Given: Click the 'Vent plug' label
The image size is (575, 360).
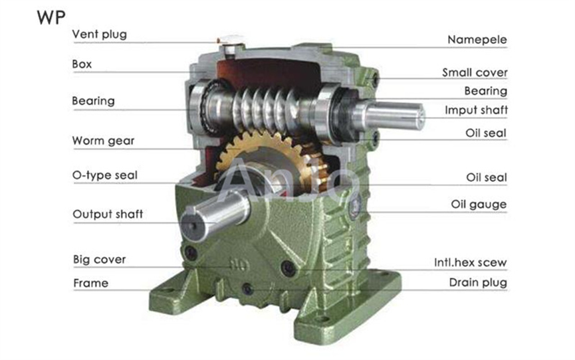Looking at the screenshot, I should pos(99,34).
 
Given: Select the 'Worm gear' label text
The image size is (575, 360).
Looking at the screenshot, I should pos(103,141).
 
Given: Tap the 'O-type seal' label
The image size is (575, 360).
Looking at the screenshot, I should pos(105,175).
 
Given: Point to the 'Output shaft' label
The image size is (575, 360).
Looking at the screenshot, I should pos(107,214).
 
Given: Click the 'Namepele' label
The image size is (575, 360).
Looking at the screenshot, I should pos(477,40).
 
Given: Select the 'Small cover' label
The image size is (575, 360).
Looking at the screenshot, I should pos(475,72).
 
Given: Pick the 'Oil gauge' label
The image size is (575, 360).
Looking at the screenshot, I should pos(479,205).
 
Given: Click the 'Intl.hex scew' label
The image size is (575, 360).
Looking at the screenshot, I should pos(470,262).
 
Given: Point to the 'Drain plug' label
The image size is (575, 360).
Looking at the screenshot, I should pos(477,283).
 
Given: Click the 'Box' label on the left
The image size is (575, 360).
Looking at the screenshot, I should pos(82,64).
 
